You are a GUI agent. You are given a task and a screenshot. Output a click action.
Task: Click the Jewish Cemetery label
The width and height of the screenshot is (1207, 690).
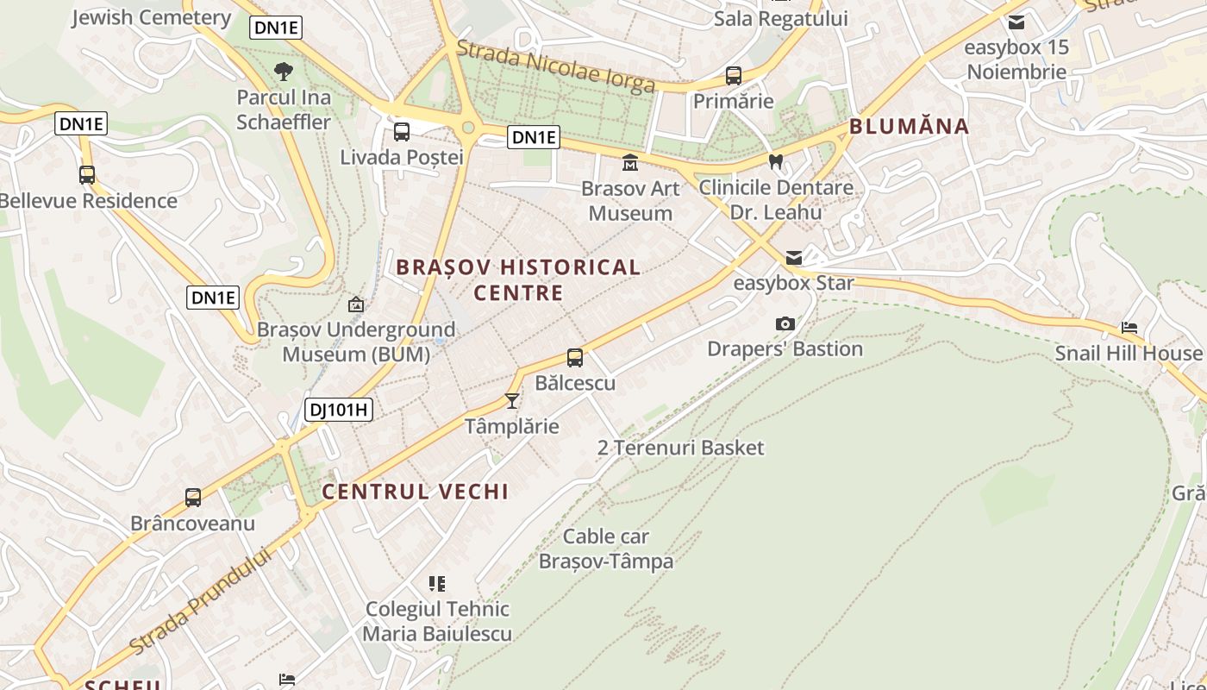[x=151, y=17]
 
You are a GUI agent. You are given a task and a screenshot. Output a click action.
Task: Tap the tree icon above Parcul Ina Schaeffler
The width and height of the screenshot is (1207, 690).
[x=283, y=72]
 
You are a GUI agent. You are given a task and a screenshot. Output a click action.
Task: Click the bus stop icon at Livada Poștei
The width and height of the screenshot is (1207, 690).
[x=402, y=132]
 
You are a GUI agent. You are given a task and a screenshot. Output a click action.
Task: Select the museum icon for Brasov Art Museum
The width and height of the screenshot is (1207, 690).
[x=630, y=162]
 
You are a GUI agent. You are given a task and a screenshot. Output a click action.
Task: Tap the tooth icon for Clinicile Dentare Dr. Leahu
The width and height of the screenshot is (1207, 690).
[x=775, y=161]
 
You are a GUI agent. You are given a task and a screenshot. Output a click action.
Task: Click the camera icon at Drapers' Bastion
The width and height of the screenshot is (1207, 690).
[x=785, y=323]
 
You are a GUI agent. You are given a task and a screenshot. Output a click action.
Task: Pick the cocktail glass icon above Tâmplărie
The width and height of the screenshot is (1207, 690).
[x=512, y=400]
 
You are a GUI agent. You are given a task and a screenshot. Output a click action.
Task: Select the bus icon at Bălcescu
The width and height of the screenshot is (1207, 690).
[x=575, y=357]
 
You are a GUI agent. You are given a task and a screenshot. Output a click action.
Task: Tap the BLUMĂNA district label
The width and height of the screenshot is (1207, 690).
[x=910, y=127]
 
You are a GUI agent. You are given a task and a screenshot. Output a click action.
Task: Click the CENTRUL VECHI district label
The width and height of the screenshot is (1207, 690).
[x=415, y=492]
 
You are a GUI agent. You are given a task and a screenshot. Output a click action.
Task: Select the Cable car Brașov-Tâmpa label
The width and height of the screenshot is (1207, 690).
[x=606, y=549]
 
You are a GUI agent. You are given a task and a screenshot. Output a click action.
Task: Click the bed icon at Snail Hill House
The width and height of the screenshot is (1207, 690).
[x=1129, y=328]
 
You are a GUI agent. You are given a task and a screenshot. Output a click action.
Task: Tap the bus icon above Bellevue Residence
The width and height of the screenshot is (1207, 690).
[x=87, y=175]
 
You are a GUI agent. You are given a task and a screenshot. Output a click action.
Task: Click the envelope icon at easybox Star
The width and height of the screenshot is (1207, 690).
[x=793, y=258]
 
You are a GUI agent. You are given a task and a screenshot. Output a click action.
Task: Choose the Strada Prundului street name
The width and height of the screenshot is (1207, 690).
[x=200, y=600]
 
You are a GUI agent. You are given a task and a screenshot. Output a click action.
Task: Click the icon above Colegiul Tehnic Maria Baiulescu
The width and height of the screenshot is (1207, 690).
[x=437, y=584]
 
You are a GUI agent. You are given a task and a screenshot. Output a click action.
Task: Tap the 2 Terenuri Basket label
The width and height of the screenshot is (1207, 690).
[x=680, y=448]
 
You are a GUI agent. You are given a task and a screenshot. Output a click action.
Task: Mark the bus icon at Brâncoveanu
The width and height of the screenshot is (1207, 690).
[x=193, y=498]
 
